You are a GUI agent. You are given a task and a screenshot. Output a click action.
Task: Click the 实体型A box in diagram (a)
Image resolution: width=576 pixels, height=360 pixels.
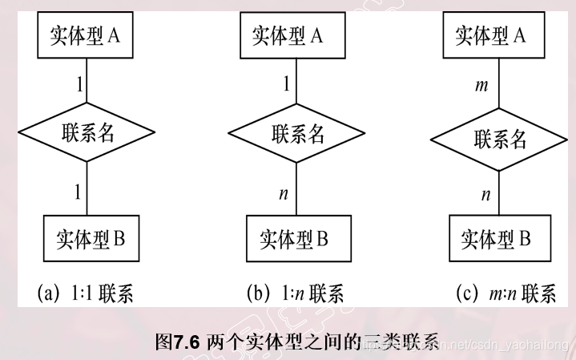point(87,36)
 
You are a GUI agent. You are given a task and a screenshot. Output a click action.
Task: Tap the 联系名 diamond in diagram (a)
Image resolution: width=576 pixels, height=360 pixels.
point(87,132)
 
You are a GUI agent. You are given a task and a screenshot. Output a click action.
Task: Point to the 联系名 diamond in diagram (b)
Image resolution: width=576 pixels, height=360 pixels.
point(296,132)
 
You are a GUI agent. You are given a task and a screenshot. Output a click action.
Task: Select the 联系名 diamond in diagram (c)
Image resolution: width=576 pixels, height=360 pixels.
point(500,140)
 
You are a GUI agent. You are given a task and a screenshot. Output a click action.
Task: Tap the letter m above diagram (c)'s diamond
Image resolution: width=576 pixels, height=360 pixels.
point(481,86)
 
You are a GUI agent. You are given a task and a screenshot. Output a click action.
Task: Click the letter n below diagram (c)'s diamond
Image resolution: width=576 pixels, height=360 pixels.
point(485,194)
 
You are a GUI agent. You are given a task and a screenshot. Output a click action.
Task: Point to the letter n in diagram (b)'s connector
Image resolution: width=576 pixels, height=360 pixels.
point(283,193)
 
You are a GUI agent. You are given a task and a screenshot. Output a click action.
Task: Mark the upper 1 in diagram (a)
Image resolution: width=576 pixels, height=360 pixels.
point(78,82)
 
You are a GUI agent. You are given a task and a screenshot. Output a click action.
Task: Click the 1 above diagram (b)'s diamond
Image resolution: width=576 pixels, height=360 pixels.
point(285,83)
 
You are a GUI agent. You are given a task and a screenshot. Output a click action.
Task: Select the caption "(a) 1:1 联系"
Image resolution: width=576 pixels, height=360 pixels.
point(85,294)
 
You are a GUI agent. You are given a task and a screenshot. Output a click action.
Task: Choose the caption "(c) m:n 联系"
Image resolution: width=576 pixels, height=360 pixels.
point(505,294)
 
